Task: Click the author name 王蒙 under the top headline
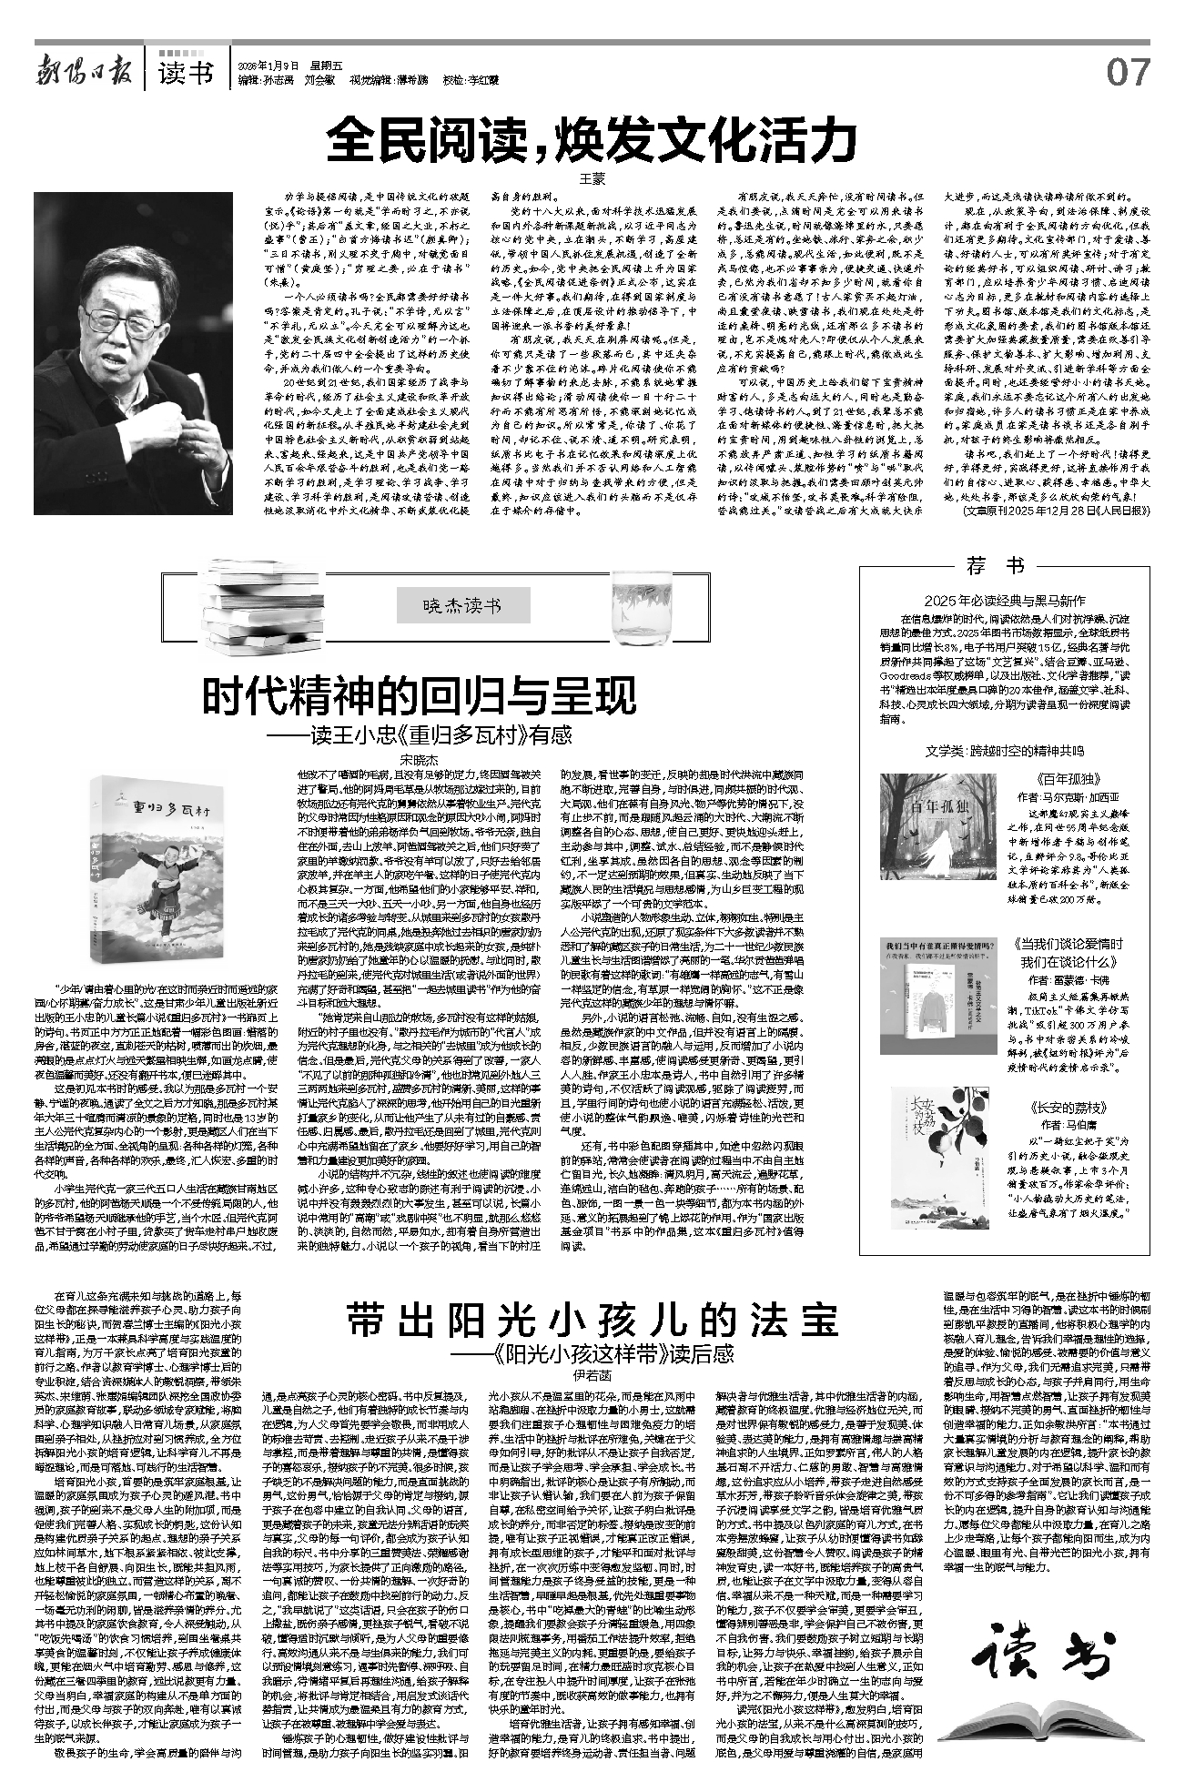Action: tap(592, 179)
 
